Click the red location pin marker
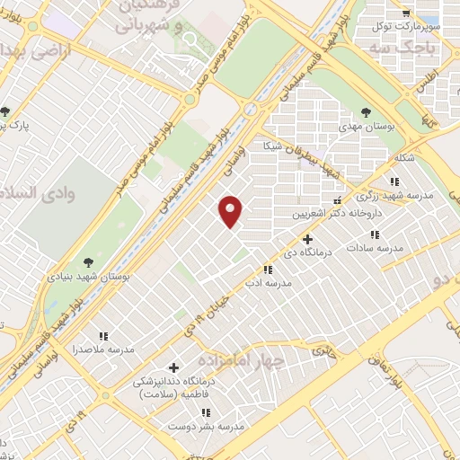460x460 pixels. coord(231,211)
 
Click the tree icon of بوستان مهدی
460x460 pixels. coord(365,111)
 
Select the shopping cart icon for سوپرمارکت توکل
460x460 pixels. coord(406,13)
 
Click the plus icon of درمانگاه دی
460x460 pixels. coord(308,239)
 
